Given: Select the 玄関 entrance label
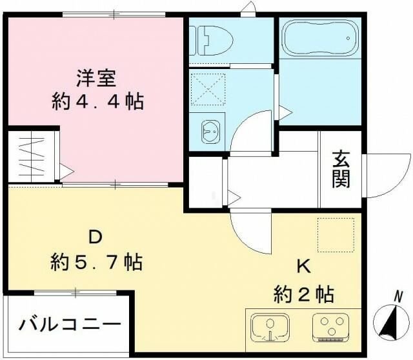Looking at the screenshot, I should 341,168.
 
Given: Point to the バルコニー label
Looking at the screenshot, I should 69,323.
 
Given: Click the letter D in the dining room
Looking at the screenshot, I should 95,237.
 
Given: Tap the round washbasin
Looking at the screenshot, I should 210,132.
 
